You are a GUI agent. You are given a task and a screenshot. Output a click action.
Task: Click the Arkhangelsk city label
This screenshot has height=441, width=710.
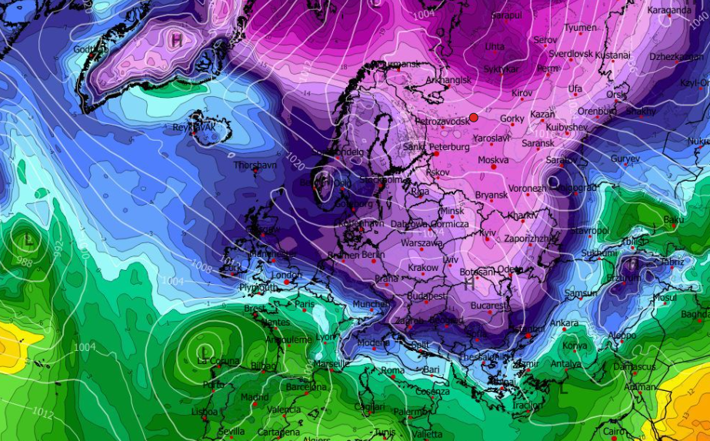click(448, 80)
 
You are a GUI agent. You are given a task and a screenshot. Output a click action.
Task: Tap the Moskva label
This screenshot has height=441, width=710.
click(493, 160)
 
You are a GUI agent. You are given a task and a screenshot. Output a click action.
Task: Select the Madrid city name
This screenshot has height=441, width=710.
click(255, 397)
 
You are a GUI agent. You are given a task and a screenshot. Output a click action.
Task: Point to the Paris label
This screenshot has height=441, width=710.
click(305, 304)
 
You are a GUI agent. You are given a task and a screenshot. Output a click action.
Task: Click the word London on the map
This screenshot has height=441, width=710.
click(286, 275)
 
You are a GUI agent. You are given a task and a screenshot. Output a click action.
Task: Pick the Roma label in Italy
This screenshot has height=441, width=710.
click(392, 370)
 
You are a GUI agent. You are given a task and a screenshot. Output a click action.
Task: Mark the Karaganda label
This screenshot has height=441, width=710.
click(669, 10)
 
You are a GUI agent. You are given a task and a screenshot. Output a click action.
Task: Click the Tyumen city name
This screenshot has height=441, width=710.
click(580, 28)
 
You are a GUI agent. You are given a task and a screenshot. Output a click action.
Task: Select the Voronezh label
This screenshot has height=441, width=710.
click(527, 189)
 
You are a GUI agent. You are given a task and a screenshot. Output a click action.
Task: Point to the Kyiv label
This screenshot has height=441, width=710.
click(488, 232)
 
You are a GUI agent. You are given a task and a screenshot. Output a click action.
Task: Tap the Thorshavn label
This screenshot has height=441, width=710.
click(255, 165)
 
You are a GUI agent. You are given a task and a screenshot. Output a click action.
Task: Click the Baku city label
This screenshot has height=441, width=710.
click(673, 220)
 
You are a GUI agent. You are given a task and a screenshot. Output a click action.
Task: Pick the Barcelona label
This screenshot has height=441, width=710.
click(306, 387)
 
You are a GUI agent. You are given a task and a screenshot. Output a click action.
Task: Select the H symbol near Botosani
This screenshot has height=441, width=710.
click(468, 283)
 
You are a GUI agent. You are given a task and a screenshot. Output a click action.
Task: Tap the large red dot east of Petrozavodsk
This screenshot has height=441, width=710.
click(474, 117)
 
